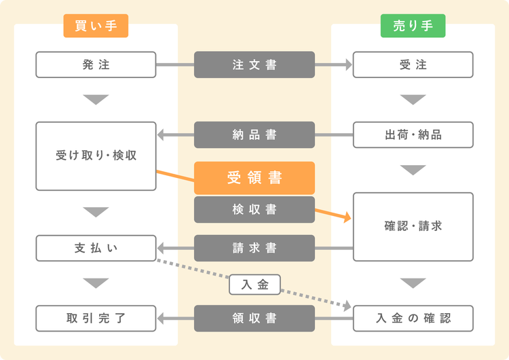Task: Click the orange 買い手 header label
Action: (x=96, y=26)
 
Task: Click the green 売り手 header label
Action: (x=413, y=26)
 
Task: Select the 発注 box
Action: (x=96, y=65)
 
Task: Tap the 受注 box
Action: (x=413, y=65)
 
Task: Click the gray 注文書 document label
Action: (x=254, y=65)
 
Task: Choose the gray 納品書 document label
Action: (x=254, y=134)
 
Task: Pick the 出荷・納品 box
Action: (x=413, y=134)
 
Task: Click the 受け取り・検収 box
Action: (x=96, y=156)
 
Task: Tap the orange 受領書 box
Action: (x=254, y=178)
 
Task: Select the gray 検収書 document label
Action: (x=254, y=210)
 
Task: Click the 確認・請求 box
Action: (x=413, y=226)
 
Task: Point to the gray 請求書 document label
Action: (x=254, y=248)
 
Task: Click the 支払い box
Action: (x=96, y=248)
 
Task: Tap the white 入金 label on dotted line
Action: (x=254, y=284)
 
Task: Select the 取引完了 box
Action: (x=96, y=318)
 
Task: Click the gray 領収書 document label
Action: (x=254, y=318)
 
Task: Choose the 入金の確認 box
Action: (x=413, y=318)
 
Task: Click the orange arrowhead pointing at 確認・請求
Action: (x=347, y=218)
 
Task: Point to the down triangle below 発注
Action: (x=96, y=100)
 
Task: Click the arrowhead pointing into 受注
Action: (x=348, y=65)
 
